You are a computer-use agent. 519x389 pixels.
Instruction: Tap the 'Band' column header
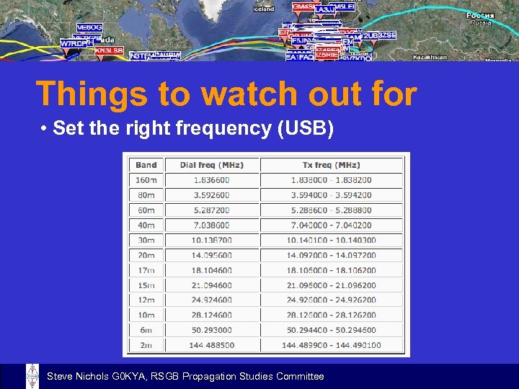coord(146,165)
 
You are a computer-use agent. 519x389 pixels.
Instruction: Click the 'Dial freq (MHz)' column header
coord(211,165)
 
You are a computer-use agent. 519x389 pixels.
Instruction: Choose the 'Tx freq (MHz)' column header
coord(331,165)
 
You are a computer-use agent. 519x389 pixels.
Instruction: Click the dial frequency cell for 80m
coord(211,195)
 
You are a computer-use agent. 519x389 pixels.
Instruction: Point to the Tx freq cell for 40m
coord(331,225)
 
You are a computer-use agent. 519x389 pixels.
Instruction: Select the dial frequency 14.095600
coord(211,256)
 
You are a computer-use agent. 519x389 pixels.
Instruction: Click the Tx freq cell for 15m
coord(331,286)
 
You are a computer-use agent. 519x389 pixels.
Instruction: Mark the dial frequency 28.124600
coord(211,316)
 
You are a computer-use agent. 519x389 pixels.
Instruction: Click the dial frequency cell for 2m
coord(211,346)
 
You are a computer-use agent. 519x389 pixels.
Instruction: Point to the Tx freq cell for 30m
coord(331,241)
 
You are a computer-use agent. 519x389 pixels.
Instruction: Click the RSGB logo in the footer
coord(32,376)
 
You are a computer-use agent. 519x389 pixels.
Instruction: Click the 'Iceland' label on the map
coord(264,9)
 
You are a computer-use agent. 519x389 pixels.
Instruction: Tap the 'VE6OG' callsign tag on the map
coord(89,27)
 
